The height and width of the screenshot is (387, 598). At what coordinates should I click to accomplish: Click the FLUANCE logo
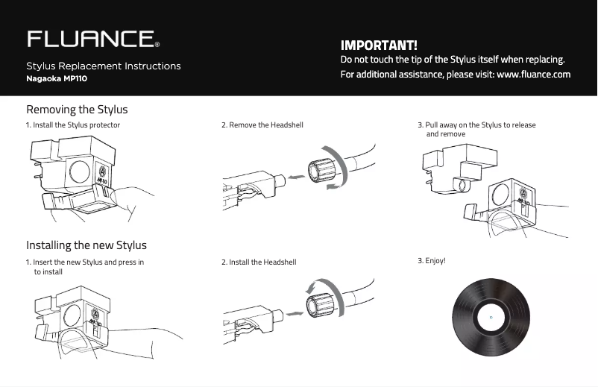point(93,39)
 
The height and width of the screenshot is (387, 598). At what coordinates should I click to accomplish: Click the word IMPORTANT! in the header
point(379,45)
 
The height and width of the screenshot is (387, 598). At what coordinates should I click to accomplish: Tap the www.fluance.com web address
point(534,74)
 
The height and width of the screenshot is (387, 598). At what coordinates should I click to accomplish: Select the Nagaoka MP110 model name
point(57,78)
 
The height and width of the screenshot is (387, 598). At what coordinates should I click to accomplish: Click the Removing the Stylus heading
point(77,110)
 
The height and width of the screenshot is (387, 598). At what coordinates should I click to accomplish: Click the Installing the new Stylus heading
point(86,245)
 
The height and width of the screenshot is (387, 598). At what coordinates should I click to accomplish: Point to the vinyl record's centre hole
point(491,317)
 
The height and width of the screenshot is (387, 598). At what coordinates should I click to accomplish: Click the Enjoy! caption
point(431,261)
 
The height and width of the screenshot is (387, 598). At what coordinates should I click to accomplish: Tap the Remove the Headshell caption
point(262,125)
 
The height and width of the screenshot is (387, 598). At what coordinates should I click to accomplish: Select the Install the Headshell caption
point(259,262)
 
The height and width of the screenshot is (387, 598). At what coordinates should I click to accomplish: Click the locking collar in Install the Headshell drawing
point(320,305)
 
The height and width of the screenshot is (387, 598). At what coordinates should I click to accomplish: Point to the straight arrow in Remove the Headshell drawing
point(296,177)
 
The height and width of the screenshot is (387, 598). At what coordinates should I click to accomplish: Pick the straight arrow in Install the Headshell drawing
point(295,314)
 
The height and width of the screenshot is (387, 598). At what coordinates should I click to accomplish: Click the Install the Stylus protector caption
point(73,125)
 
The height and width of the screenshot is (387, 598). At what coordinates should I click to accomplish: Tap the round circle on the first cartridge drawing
point(80,172)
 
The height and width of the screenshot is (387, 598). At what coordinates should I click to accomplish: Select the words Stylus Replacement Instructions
point(104,66)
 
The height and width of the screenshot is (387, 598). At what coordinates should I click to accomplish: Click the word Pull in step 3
point(431,125)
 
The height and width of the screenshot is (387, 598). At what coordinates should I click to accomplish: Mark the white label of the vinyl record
point(491,317)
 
